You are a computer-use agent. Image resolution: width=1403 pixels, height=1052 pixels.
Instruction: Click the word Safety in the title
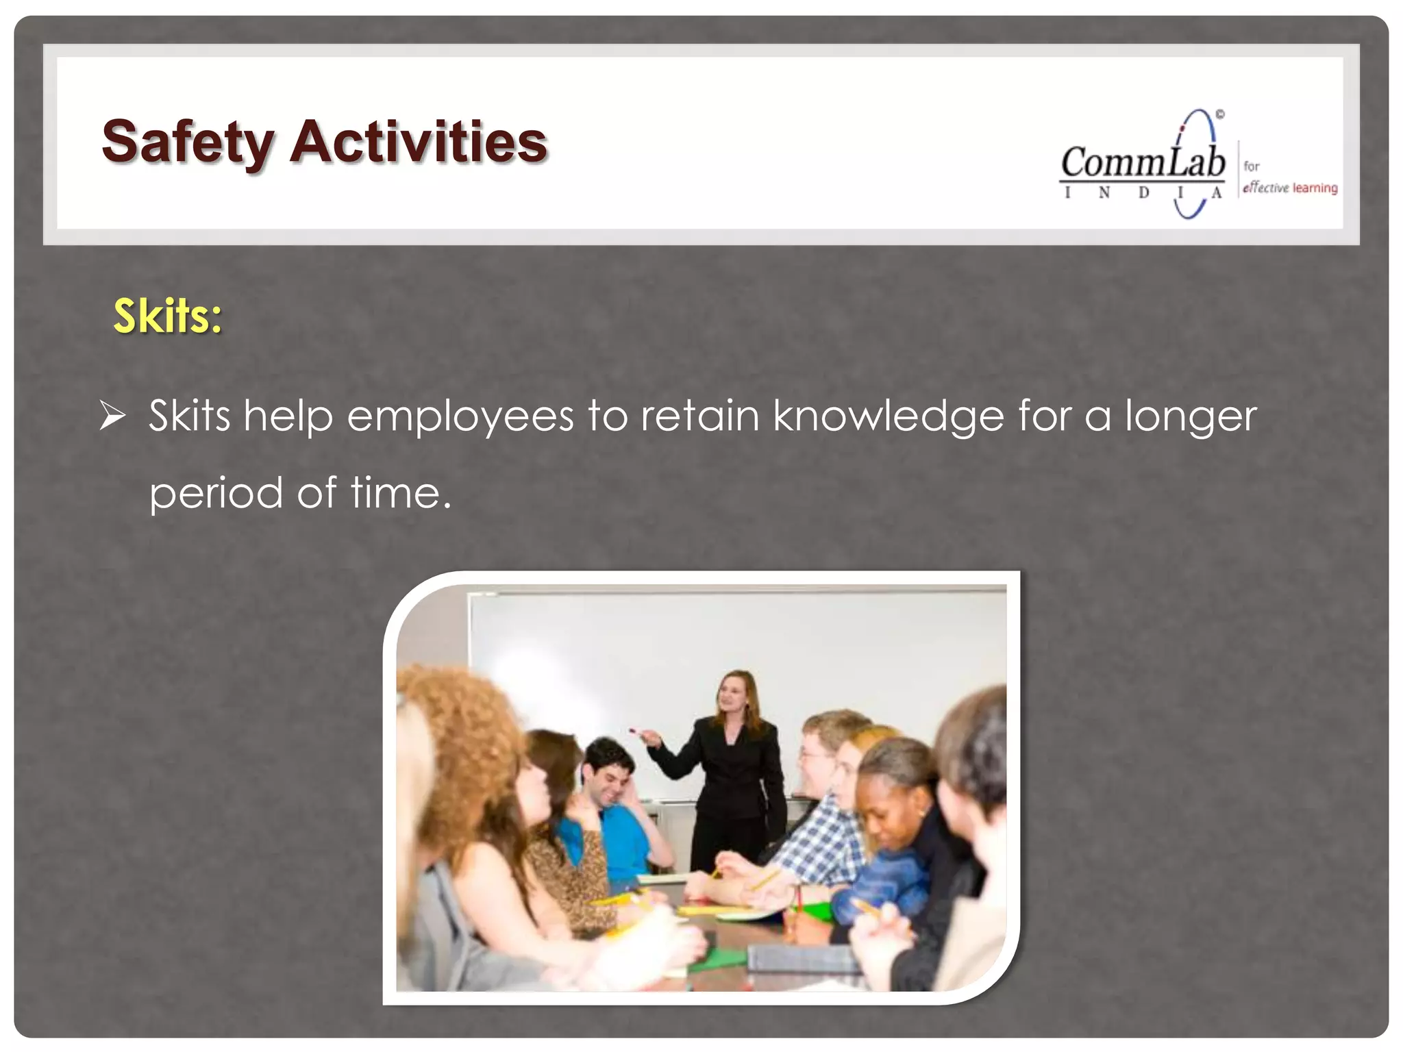tap(187, 142)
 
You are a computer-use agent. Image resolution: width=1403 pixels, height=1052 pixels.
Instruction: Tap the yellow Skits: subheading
tap(168, 316)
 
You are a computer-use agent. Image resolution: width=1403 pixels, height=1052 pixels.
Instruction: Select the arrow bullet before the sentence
tap(112, 416)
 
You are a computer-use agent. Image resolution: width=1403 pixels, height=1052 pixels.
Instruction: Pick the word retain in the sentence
tap(699, 416)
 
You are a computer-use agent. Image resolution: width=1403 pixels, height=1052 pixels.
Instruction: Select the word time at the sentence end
tap(401, 492)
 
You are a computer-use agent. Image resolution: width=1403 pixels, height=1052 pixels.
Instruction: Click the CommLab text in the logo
tap(1143, 162)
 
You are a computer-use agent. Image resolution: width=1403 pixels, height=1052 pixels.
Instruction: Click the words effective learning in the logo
tap(1290, 188)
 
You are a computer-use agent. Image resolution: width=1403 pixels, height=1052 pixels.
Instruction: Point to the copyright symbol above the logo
tap(1220, 114)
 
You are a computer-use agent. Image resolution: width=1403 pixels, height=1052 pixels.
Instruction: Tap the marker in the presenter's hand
tap(637, 732)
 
